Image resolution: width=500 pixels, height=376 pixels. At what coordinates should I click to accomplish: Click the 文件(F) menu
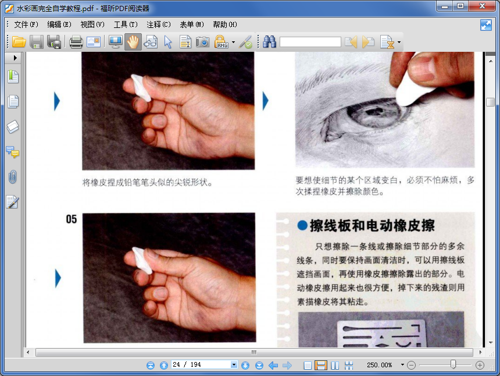(26, 24)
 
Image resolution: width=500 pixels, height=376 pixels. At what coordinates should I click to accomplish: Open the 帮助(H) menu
(225, 24)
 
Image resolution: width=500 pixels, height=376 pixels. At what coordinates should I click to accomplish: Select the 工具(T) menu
(126, 24)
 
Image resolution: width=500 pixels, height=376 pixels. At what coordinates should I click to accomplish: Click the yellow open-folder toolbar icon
(19, 42)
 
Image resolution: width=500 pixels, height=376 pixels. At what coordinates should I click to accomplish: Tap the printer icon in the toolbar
(76, 42)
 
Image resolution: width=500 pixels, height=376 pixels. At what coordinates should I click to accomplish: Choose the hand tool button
(133, 42)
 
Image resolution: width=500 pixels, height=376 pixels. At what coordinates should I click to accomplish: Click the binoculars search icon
(269, 42)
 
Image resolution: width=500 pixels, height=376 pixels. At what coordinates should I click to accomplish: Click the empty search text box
(310, 42)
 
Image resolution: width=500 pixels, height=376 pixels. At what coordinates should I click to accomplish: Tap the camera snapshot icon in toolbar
(202, 42)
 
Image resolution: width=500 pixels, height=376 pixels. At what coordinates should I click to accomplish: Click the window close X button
(482, 6)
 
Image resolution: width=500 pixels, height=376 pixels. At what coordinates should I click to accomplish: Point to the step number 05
(72, 219)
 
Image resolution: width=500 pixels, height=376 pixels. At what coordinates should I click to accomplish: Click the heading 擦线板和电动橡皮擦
(372, 226)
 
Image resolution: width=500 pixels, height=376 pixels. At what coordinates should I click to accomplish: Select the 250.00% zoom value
(380, 365)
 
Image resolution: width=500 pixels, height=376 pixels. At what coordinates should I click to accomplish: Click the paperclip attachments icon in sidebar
(12, 177)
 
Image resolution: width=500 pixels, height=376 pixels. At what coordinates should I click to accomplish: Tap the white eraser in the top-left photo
(141, 88)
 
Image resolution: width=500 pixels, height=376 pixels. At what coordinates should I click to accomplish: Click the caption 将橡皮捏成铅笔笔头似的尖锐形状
(147, 183)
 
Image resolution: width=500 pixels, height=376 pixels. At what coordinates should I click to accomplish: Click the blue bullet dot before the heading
(302, 225)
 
